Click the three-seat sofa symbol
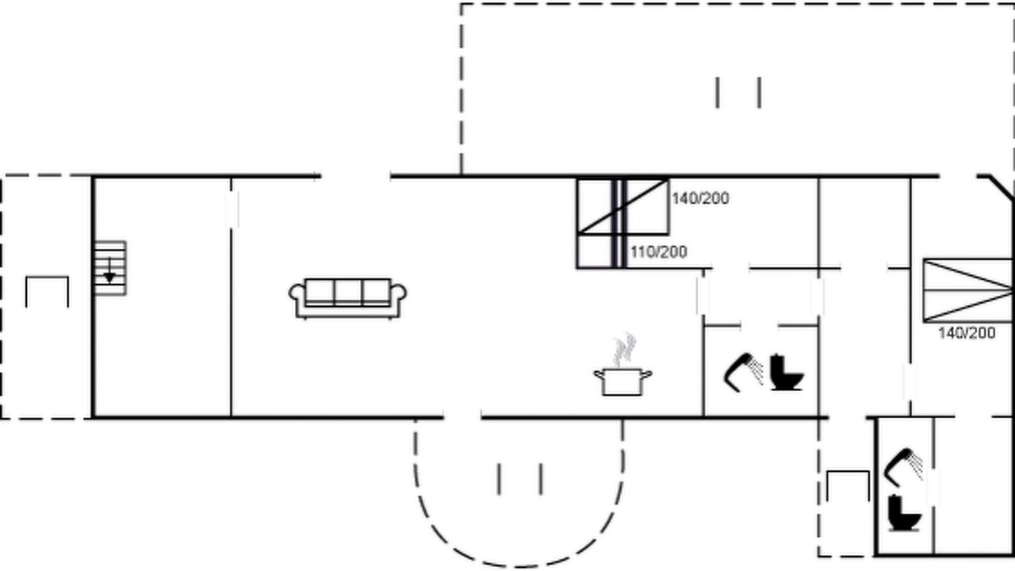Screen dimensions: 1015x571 347,299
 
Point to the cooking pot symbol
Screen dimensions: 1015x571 622,382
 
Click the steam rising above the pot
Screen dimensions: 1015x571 624,350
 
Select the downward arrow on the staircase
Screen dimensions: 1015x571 109,271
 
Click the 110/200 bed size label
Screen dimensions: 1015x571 659,252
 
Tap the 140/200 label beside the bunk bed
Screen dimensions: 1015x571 700,198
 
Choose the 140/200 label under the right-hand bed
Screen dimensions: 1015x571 967,333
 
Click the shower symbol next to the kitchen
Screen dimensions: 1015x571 743,373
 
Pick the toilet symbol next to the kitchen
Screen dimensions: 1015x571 787,373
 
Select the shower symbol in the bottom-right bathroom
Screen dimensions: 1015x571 902,468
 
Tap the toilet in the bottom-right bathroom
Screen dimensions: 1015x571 905,513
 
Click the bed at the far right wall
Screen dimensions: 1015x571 968,290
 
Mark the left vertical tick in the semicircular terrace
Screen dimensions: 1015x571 499,478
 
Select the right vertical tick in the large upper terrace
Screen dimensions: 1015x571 760,93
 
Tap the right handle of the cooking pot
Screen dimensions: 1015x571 646,374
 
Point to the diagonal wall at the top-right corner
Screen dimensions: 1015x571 996,186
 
